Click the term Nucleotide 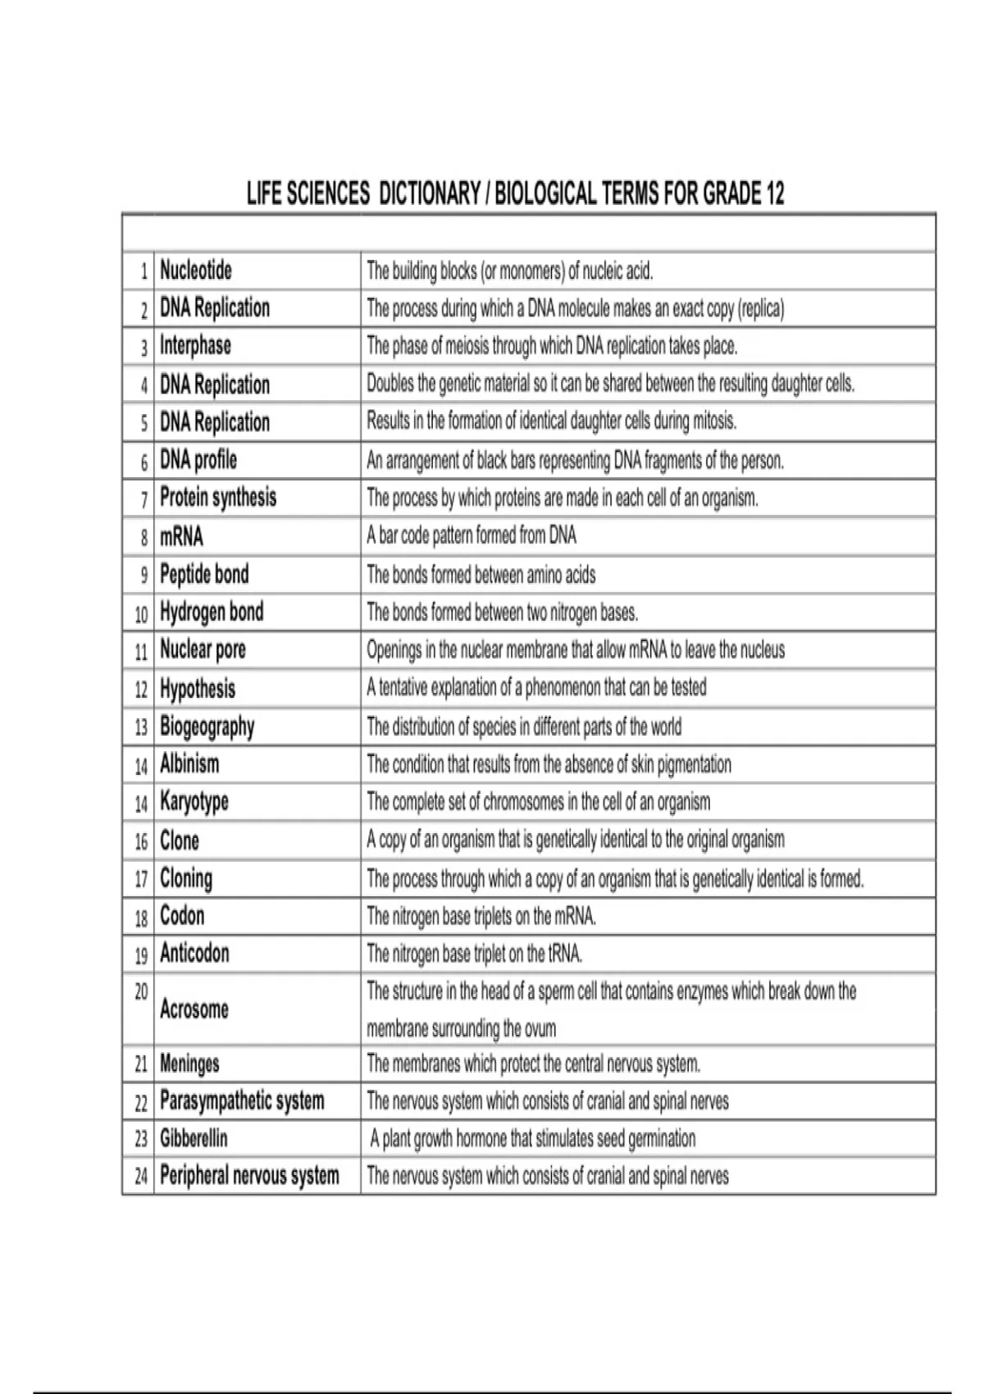click(196, 271)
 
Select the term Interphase click(195, 345)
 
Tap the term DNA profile click(198, 460)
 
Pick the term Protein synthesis click(218, 498)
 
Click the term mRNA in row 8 click(181, 536)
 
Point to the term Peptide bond click(204, 574)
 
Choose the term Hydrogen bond click(212, 612)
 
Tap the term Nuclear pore click(203, 649)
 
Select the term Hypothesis click(198, 688)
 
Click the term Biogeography click(207, 727)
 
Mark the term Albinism click(189, 764)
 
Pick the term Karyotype click(194, 801)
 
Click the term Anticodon click(194, 954)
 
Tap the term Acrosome click(194, 1009)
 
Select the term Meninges click(189, 1064)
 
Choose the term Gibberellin click(194, 1138)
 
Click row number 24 click(141, 1177)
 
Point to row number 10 click(141, 613)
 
